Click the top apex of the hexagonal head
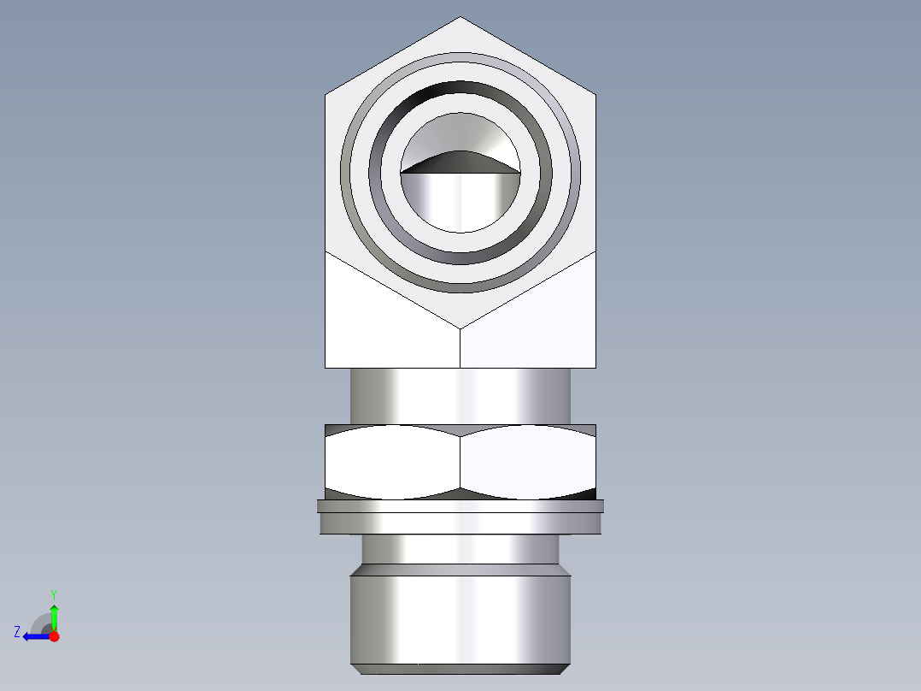pyautogui.click(x=460, y=18)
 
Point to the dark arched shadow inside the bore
pyautogui.click(x=460, y=162)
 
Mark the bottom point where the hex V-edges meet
pyautogui.click(x=460, y=328)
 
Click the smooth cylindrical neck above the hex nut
pyautogui.click(x=460, y=395)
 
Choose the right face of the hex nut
pyautogui.click(x=527, y=462)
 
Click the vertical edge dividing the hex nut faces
pyautogui.click(x=460, y=462)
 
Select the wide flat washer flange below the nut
pyautogui.click(x=460, y=517)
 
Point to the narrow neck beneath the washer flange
pyautogui.click(x=460, y=549)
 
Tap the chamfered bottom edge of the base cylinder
pyautogui.click(x=460, y=668)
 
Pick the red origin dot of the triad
pyautogui.click(x=54, y=636)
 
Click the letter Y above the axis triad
pyautogui.click(x=54, y=594)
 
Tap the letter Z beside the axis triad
pyautogui.click(x=17, y=632)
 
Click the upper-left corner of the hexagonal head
pyautogui.click(x=326, y=92)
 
